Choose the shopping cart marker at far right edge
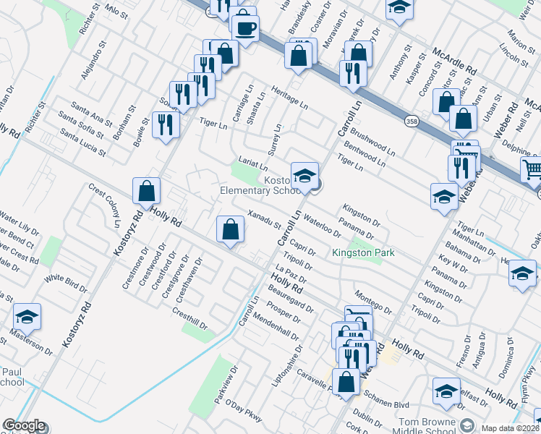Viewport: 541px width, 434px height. tap(532, 170)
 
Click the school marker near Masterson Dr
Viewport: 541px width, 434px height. tap(27, 317)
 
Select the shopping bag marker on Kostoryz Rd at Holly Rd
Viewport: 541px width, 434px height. tap(146, 192)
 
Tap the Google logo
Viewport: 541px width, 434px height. tap(23, 425)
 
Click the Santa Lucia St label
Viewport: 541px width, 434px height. tap(83, 143)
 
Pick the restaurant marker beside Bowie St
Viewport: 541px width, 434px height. tap(166, 124)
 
